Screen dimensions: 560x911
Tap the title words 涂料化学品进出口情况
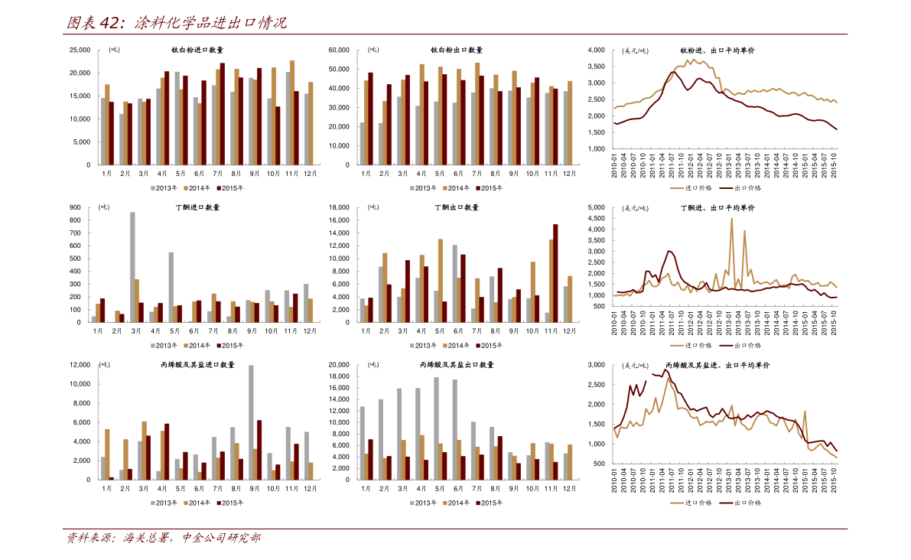(x=210, y=23)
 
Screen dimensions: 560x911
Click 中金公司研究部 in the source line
(x=221, y=538)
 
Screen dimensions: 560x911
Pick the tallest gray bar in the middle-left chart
(x=132, y=266)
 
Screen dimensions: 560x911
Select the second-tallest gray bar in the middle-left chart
(x=171, y=286)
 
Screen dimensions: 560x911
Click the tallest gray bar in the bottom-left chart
(x=251, y=422)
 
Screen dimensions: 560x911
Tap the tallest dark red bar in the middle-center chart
(x=555, y=272)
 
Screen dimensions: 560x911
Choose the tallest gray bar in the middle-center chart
(x=454, y=283)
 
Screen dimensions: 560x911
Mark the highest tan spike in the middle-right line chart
(x=731, y=222)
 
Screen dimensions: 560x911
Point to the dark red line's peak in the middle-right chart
(x=670, y=252)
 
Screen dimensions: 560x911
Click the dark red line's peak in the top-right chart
(x=674, y=73)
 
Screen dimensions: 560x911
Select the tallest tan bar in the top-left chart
(x=292, y=112)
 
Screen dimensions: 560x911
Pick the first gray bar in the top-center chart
(x=362, y=144)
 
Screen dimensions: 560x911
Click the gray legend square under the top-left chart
(x=153, y=188)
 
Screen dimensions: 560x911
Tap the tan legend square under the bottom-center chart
(x=445, y=503)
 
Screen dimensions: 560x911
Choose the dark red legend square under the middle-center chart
(x=478, y=346)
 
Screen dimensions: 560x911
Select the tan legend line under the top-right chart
(x=677, y=188)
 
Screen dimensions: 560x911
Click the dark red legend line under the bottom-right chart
(x=726, y=503)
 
